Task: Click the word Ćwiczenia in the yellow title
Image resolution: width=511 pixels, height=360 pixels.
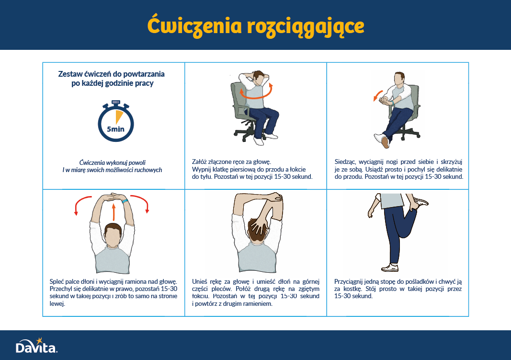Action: pyautogui.click(x=194, y=25)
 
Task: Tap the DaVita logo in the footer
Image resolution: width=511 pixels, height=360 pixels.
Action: pyautogui.click(x=36, y=346)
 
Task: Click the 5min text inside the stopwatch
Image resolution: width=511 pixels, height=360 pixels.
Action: pyautogui.click(x=116, y=129)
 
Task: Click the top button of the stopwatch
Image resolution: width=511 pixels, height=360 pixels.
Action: pyautogui.click(x=116, y=103)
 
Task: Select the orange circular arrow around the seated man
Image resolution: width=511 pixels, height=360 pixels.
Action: pyautogui.click(x=256, y=92)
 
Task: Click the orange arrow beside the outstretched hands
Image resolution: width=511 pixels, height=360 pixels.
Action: pyautogui.click(x=377, y=95)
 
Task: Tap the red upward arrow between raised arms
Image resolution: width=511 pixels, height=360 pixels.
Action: pyautogui.click(x=114, y=212)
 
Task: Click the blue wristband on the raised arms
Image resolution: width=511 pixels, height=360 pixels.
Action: pyautogui.click(x=125, y=201)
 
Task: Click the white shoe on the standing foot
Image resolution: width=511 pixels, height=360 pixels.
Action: pyautogui.click(x=390, y=267)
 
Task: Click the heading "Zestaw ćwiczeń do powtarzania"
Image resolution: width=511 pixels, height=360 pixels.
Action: pyautogui.click(x=112, y=74)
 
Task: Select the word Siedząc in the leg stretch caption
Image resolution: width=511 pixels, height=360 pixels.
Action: pyautogui.click(x=345, y=162)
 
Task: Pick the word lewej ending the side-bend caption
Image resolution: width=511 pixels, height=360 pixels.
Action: pyautogui.click(x=57, y=303)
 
